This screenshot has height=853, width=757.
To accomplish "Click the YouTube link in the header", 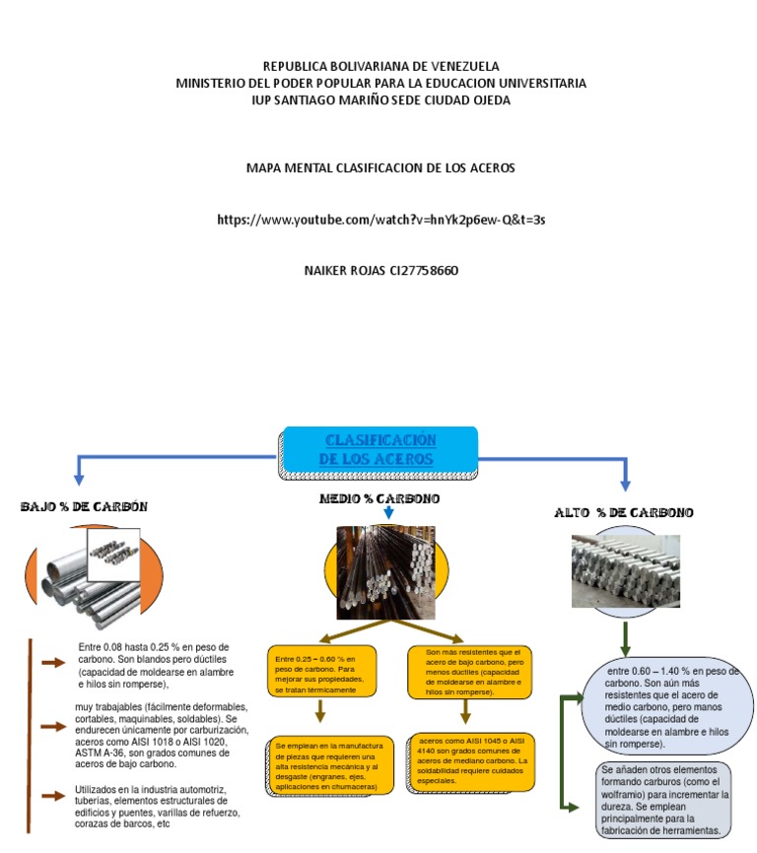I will pyautogui.click(x=380, y=220).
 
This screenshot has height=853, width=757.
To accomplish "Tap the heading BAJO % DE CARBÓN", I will pyautogui.click(x=85, y=507).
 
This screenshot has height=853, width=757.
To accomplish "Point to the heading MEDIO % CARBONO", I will pyautogui.click(x=379, y=499).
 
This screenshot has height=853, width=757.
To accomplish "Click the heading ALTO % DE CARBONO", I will pyautogui.click(x=623, y=512).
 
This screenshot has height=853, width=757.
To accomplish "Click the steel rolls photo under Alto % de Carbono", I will pyautogui.click(x=625, y=570).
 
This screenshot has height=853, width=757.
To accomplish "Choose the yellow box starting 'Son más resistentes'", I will pyautogui.click(x=470, y=672).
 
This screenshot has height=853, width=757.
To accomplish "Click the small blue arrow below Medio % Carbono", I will pyautogui.click(x=388, y=514).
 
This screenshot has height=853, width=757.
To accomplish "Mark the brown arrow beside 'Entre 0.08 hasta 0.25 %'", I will pyautogui.click(x=52, y=663).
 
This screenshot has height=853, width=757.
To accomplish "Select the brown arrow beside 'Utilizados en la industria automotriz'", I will pyautogui.click(x=52, y=796).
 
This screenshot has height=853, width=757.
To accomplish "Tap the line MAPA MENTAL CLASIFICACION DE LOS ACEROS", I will pyautogui.click(x=380, y=168).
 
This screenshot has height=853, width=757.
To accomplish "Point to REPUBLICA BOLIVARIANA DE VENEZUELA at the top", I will pyautogui.click(x=380, y=66).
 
